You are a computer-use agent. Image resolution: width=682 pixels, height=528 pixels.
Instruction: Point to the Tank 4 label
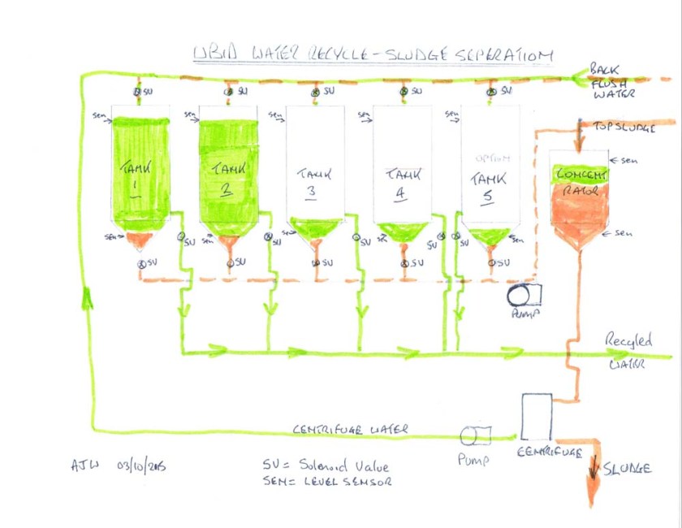coord(402,180)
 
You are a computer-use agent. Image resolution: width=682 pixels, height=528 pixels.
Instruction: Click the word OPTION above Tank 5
coord(490,158)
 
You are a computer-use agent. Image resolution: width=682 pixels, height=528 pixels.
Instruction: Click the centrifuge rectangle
coord(536,417)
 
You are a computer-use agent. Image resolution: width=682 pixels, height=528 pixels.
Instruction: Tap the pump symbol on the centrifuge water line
coord(471,436)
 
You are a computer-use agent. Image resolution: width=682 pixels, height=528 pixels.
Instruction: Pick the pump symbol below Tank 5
coord(521,294)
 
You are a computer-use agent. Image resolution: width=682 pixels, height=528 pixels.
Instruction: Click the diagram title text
coord(373,54)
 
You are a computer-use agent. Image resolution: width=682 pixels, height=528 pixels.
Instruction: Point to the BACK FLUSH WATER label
coord(616,81)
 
